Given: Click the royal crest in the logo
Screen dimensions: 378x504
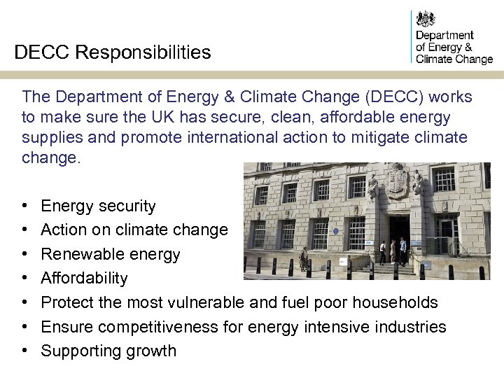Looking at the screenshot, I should (x=425, y=19).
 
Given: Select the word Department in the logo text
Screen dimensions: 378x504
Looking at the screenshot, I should (x=444, y=35).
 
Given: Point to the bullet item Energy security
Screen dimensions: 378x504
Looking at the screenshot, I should (x=98, y=206).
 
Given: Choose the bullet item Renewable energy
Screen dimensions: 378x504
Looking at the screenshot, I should (x=111, y=254).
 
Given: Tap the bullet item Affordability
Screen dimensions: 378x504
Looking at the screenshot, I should (x=84, y=278).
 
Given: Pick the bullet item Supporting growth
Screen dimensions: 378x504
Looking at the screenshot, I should (x=108, y=351).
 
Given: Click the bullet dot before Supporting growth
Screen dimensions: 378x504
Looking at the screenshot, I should (x=24, y=351).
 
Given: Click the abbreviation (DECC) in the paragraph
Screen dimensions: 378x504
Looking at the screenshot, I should (x=367, y=97).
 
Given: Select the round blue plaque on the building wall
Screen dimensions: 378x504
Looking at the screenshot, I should (x=336, y=230).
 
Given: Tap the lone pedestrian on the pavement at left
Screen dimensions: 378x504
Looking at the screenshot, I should (x=304, y=258).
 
